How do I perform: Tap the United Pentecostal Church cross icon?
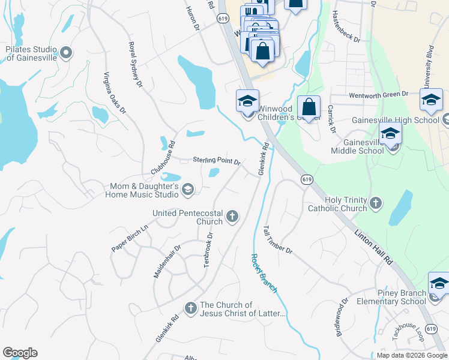click(x=232, y=216)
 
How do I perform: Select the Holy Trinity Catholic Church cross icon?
click(x=376, y=203)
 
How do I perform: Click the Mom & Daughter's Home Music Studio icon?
click(x=188, y=190)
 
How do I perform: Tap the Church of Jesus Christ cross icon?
click(x=190, y=308)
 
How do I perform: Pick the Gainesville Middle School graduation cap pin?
click(x=390, y=136)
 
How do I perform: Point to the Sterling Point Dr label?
click(x=217, y=161)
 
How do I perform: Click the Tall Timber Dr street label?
click(x=277, y=239)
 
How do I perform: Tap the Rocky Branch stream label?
click(x=264, y=273)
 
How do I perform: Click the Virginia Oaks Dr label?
click(x=115, y=93)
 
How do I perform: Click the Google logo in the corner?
click(x=20, y=353)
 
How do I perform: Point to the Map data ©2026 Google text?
click(x=412, y=355)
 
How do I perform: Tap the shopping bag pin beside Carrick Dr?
click(x=309, y=108)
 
